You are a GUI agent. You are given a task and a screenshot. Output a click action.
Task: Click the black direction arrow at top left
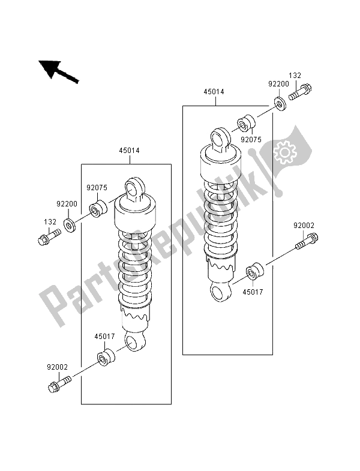tap(59, 71)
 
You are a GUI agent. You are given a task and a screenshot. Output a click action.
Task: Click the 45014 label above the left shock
tap(129, 151)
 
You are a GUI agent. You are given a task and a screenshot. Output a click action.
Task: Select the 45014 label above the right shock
tap(214, 92)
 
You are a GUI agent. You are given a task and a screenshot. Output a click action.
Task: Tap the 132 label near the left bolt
tap(50, 222)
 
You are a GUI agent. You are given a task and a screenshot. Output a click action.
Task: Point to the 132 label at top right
tap(295, 76)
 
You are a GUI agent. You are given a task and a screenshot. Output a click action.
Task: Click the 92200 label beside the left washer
tap(67, 204)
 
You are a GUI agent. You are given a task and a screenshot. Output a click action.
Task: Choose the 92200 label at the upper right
tap(278, 84)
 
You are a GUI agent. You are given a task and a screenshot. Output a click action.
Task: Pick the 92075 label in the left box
tap(97, 188)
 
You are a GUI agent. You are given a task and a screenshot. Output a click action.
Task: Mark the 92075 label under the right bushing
tap(251, 140)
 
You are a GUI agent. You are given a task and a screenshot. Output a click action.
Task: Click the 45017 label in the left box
tap(104, 337)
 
